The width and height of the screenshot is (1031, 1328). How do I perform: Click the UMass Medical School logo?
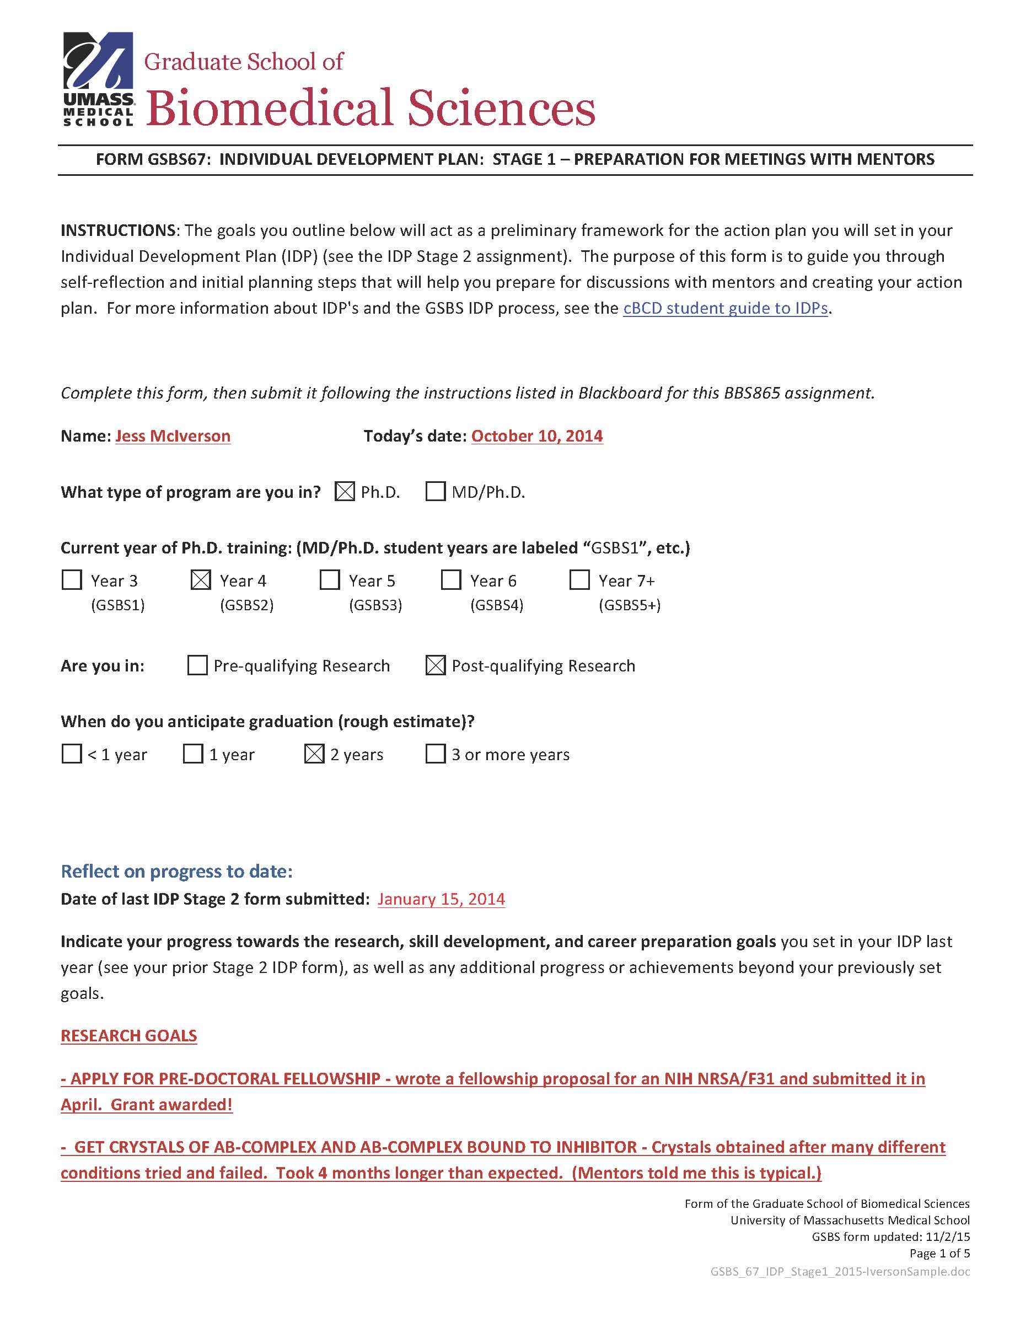98,79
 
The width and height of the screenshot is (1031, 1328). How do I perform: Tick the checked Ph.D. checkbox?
345,491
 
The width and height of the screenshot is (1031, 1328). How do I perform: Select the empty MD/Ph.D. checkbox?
436,491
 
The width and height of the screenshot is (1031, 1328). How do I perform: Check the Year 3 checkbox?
72,580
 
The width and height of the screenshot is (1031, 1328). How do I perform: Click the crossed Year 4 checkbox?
201,580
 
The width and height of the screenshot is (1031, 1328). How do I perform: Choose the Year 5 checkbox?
330,580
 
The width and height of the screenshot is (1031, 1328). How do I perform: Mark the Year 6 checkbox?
451,580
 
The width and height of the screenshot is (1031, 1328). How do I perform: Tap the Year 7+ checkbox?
579,580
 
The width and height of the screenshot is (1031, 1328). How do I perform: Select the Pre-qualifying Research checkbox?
197,665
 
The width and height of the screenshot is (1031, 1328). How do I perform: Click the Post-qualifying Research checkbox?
436,665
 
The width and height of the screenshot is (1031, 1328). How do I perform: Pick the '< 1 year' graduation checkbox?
72,754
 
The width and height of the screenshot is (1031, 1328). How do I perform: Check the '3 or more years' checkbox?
436,754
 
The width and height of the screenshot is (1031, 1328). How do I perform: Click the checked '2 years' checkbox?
314,754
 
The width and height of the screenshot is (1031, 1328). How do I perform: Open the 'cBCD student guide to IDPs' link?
725,308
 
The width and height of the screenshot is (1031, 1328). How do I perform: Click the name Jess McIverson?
173,436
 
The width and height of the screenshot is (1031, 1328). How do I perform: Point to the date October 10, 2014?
537,436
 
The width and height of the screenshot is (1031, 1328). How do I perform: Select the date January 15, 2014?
441,899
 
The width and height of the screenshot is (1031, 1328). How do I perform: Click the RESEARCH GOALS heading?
129,1035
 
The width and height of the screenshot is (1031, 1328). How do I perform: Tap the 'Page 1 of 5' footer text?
939,1253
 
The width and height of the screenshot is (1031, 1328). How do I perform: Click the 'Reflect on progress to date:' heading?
176,872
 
